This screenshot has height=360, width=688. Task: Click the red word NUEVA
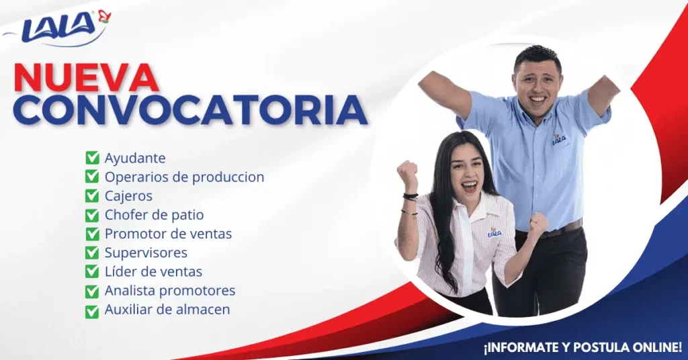(87, 79)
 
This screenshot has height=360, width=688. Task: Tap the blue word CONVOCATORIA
(190, 110)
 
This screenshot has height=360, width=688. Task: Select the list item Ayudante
(134, 159)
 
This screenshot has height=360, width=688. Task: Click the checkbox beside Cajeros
(92, 196)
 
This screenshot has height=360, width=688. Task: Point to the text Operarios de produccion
(184, 177)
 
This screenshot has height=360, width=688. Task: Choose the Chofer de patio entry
(154, 215)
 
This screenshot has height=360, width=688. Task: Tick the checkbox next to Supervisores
(92, 253)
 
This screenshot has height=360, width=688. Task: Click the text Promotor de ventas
(168, 234)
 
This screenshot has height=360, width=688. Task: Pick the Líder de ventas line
(153, 271)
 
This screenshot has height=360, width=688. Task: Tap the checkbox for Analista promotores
(92, 291)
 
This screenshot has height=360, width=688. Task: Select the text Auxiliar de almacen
(167, 309)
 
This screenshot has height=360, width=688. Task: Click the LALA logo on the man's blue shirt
(558, 139)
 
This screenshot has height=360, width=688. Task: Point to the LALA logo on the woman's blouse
(494, 233)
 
